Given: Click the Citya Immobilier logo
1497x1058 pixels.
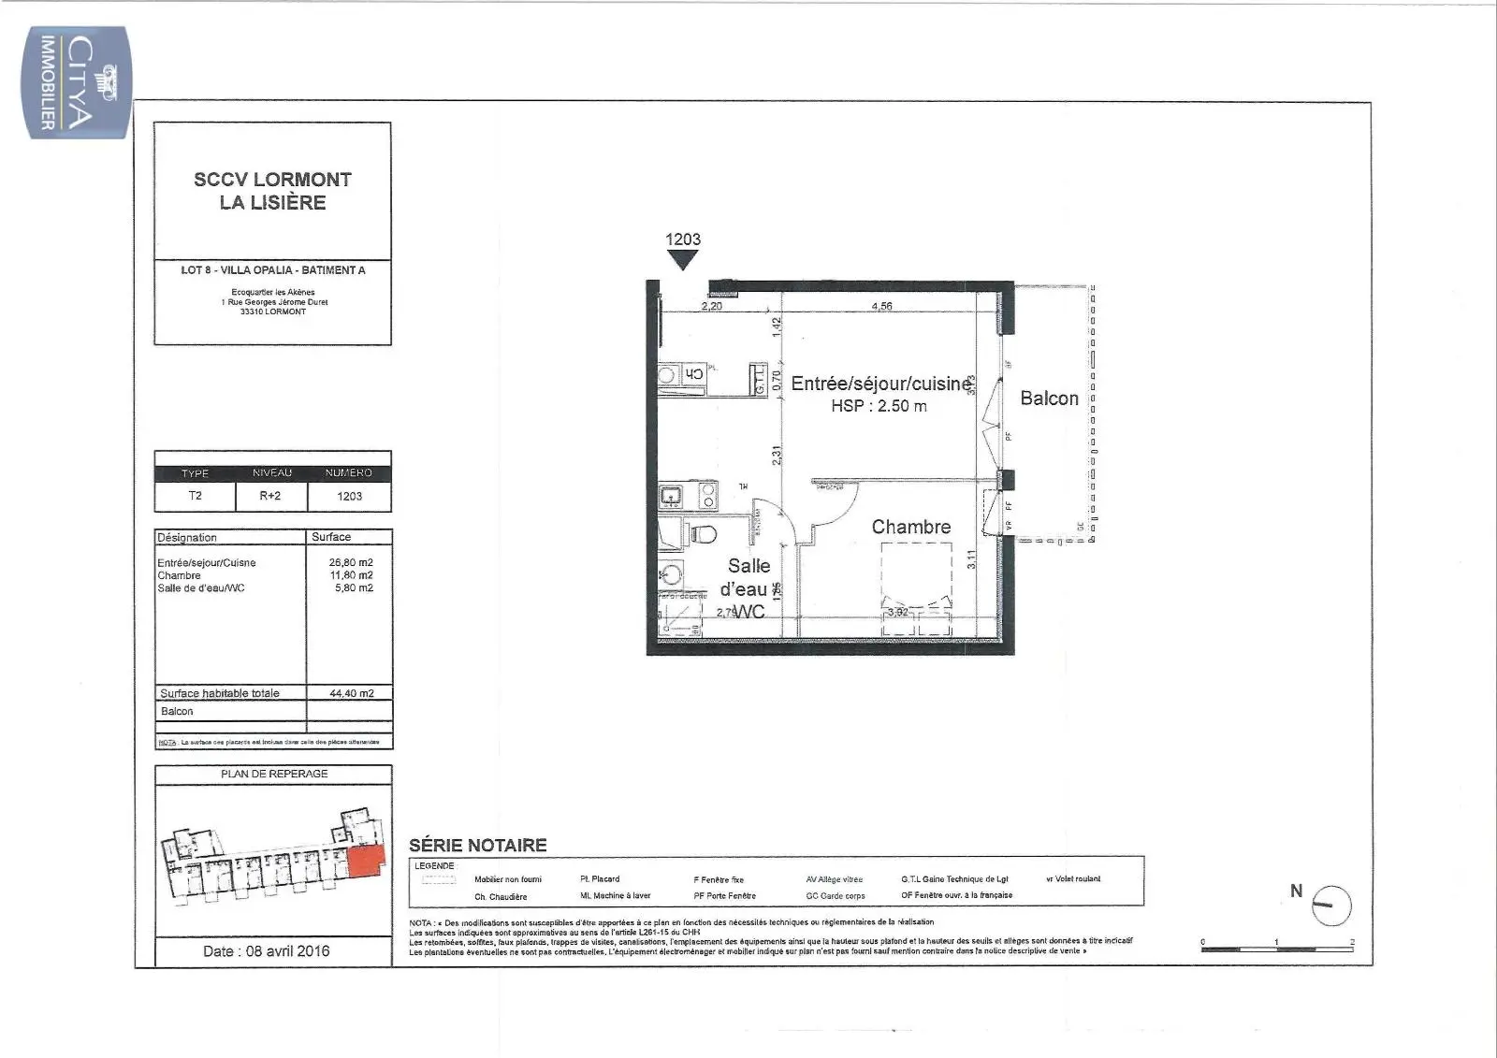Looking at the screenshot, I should click(76, 82).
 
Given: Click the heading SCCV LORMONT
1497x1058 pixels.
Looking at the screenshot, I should click(272, 179).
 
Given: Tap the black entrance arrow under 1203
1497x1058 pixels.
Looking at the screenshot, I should click(683, 260).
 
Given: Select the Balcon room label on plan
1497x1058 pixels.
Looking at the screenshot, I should click(1049, 399).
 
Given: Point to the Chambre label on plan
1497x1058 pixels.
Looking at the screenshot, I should click(910, 527).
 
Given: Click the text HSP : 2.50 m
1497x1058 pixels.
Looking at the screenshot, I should click(879, 406).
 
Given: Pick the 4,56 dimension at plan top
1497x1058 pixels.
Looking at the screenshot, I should click(881, 306).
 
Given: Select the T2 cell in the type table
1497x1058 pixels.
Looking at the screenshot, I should click(195, 496).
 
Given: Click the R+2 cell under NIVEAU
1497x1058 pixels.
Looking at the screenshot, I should click(270, 496).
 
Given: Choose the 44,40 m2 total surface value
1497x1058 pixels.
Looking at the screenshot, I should click(352, 693).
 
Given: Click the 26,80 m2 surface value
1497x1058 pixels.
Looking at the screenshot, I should click(352, 563).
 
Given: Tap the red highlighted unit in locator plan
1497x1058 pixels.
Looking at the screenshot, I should click(366, 862).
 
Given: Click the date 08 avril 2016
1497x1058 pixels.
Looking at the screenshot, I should click(267, 950).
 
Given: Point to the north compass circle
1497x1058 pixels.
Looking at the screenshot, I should click(1331, 906).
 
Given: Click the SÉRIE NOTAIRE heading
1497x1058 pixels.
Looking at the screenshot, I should click(477, 845).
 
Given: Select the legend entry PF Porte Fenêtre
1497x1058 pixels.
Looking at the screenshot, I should click(724, 896).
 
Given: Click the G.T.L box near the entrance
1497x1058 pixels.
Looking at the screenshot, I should click(758, 380).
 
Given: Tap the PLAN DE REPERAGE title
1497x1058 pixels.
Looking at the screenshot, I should click(274, 774).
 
